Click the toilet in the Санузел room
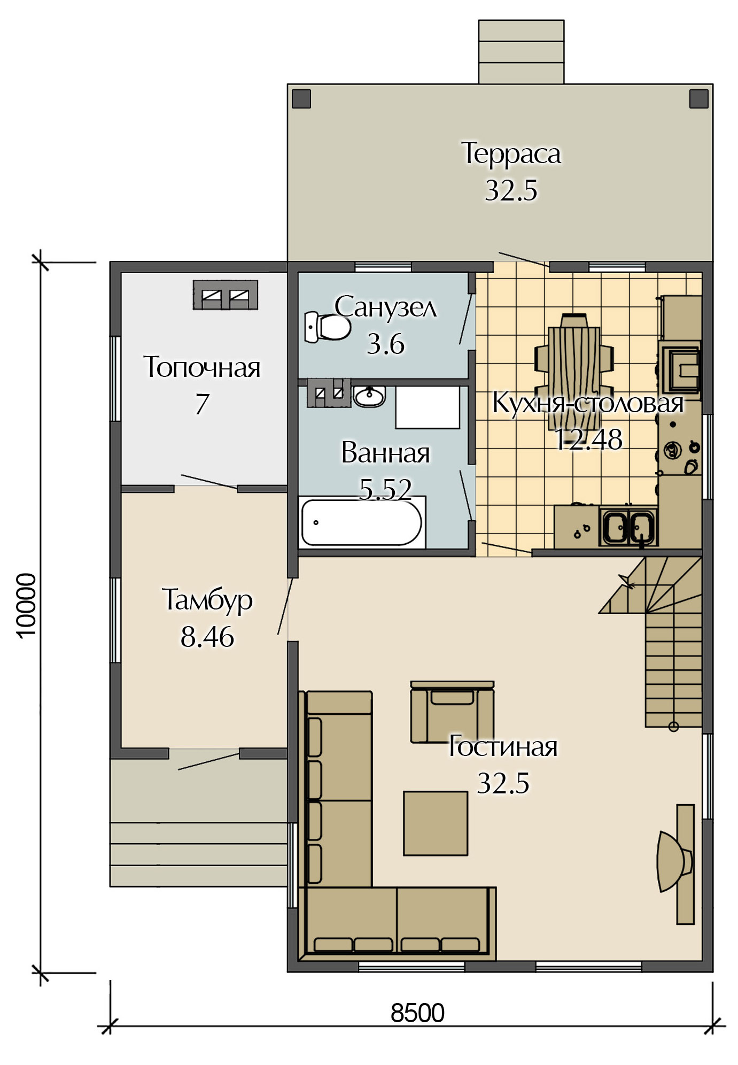pyautogui.click(x=327, y=327)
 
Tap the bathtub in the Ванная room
pyautogui.click(x=362, y=522)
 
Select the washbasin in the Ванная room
pyautogui.click(x=369, y=396)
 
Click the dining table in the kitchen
pyautogui.click(x=574, y=371)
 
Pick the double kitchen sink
pyautogui.click(x=628, y=527)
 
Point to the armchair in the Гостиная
pyautogui.click(x=452, y=712)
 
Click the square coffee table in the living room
pyautogui.click(x=436, y=823)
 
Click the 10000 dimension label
pyautogui.click(x=27, y=605)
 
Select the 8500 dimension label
pyautogui.click(x=417, y=1013)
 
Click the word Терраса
pyautogui.click(x=511, y=153)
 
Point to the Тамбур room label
pyautogui.click(x=207, y=600)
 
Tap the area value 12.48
pyautogui.click(x=588, y=439)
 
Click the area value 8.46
pyautogui.click(x=207, y=637)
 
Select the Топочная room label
pyautogui.click(x=202, y=367)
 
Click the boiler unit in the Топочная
pyautogui.click(x=226, y=295)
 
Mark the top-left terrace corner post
pyautogui.click(x=301, y=99)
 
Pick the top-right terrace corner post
pyautogui.click(x=699, y=99)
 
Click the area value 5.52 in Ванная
pyautogui.click(x=385, y=489)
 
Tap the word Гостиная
pyautogui.click(x=503, y=746)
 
